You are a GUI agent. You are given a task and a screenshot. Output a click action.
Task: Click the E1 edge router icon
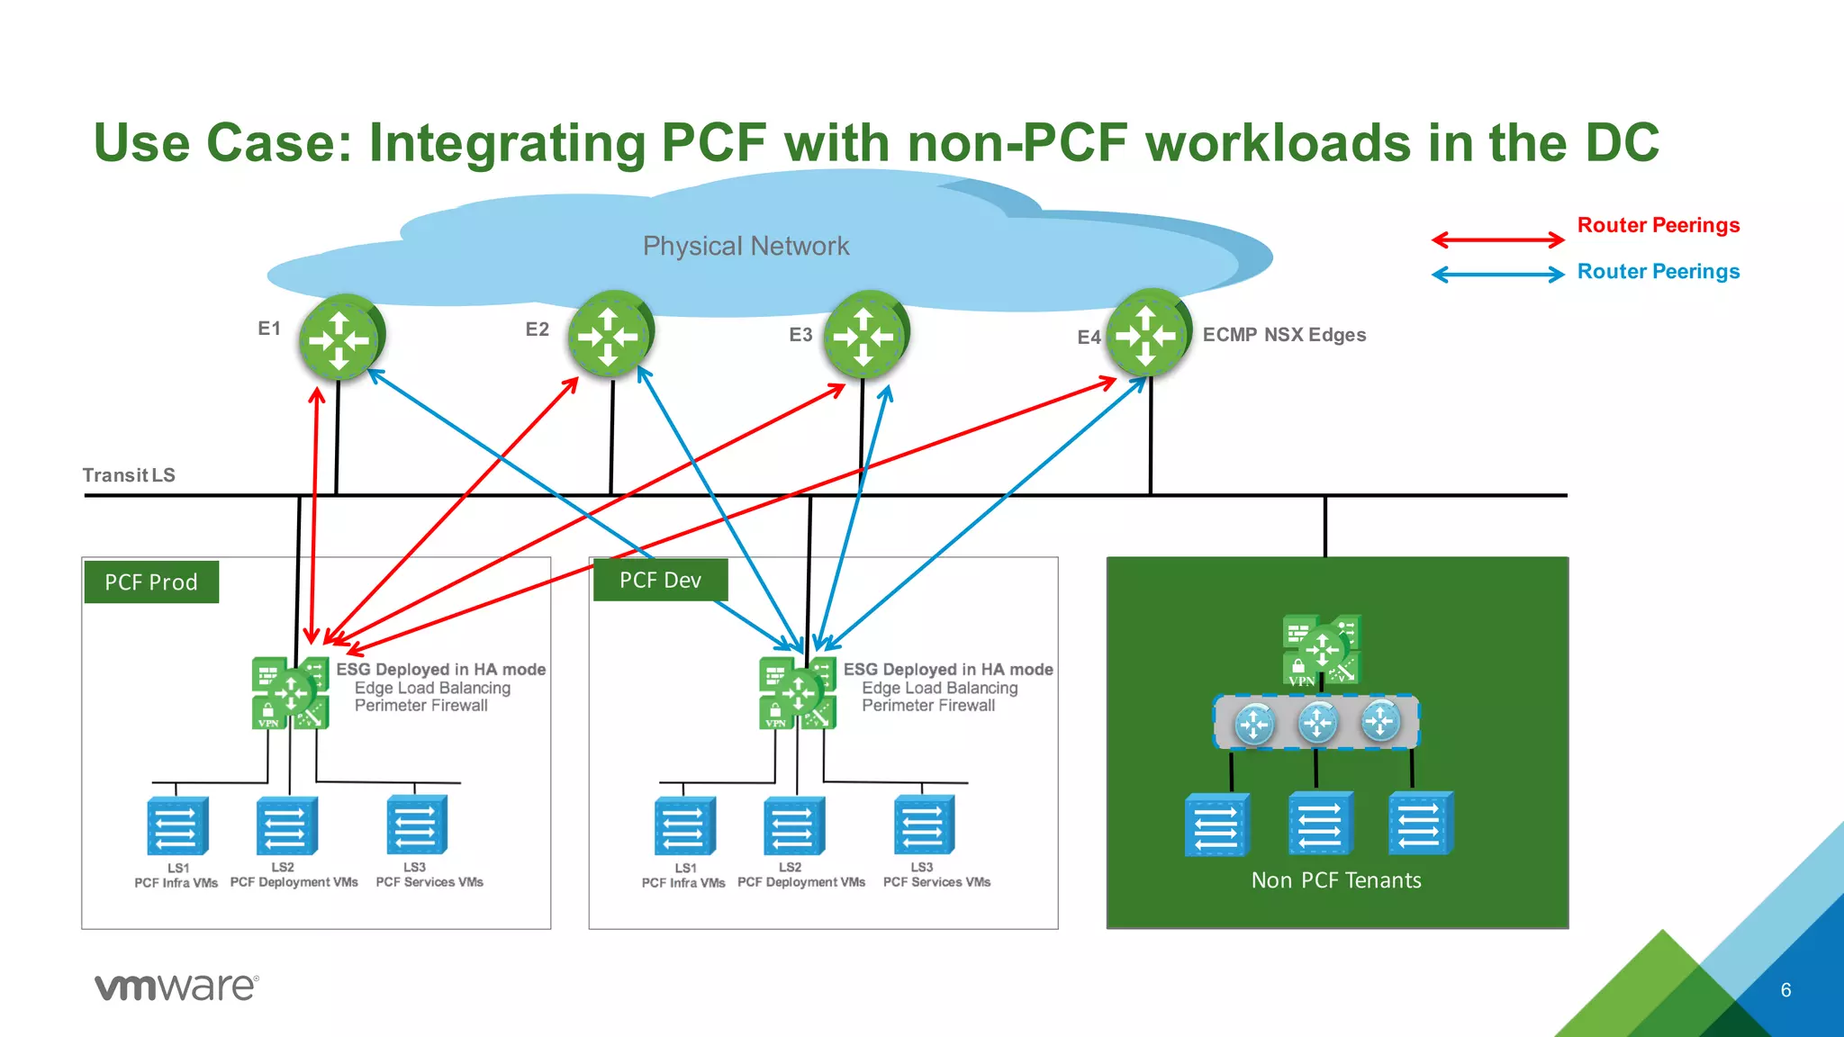click(x=340, y=338)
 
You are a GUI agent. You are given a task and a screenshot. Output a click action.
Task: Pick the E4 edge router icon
click(x=1147, y=333)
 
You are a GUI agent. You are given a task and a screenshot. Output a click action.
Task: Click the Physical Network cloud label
click(x=746, y=246)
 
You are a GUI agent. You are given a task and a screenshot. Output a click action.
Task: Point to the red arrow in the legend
click(x=1497, y=239)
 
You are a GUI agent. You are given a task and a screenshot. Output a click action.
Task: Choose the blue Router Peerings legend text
click(x=1658, y=272)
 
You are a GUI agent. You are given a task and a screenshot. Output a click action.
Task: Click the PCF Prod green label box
click(x=151, y=582)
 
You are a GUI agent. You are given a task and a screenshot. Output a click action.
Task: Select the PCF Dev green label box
click(x=660, y=581)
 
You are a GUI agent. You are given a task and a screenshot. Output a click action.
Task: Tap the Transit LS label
click(x=129, y=475)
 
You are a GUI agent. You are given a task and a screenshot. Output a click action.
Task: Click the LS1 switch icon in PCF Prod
click(x=177, y=826)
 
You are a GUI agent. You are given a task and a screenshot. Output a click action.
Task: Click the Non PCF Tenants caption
click(x=1336, y=880)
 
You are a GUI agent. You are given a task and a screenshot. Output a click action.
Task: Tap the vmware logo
click(x=176, y=987)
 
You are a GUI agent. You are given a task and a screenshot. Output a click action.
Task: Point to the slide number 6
click(x=1785, y=990)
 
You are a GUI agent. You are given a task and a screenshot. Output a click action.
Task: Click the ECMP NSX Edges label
click(x=1284, y=335)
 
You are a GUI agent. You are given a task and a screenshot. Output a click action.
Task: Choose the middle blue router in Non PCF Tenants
click(x=1317, y=722)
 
